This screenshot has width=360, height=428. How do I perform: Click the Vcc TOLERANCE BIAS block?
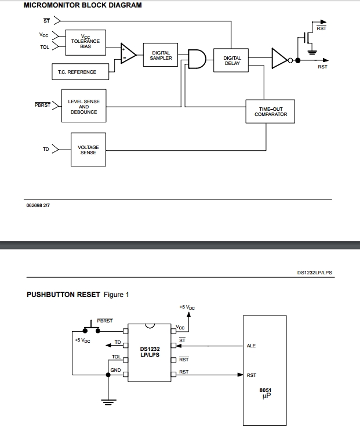pyautogui.click(x=85, y=42)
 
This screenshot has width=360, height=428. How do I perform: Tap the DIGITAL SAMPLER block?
pyautogui.click(x=161, y=56)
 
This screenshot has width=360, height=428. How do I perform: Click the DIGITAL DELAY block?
pyautogui.click(x=232, y=60)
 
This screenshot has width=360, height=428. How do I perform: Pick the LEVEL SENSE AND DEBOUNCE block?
pyautogui.click(x=83, y=107)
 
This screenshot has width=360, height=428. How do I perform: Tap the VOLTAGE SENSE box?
pyautogui.click(x=88, y=150)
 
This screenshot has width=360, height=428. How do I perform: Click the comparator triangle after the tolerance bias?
pyautogui.click(x=128, y=54)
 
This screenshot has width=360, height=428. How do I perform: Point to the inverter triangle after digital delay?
pyautogui.click(x=281, y=60)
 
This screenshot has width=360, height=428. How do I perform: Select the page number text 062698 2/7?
pyautogui.click(x=38, y=205)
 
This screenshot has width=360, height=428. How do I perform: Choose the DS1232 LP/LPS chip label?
pyautogui.click(x=150, y=352)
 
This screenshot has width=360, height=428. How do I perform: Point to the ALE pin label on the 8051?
pyautogui.click(x=251, y=346)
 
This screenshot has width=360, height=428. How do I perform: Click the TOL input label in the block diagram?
pyautogui.click(x=44, y=48)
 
